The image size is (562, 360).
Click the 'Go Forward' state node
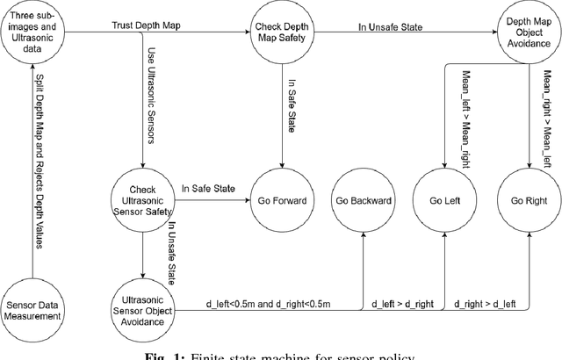point(282,200)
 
